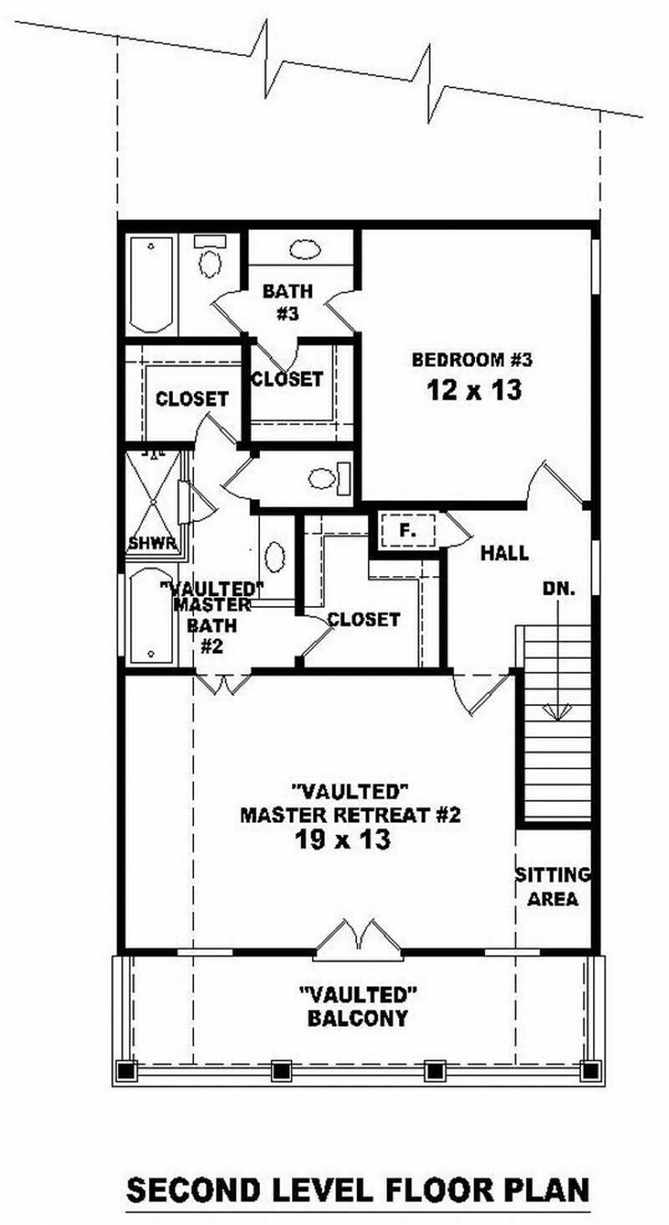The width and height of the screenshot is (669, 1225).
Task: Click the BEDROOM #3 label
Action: click(x=472, y=360)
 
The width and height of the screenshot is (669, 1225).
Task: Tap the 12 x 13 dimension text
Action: click(x=473, y=390)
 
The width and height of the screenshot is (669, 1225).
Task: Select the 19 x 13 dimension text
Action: click(x=343, y=840)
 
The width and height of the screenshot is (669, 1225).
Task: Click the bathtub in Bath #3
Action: click(x=151, y=285)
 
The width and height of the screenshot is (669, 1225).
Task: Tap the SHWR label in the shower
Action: click(x=152, y=544)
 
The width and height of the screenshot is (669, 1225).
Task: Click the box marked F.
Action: click(x=407, y=530)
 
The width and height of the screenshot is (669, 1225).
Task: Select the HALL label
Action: click(x=504, y=553)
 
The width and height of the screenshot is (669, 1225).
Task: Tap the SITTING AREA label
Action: click(x=553, y=887)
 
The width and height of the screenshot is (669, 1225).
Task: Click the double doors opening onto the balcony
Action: click(x=358, y=937)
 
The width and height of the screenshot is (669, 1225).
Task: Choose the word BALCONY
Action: click(x=358, y=1018)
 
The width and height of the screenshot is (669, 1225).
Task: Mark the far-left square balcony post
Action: click(x=126, y=1070)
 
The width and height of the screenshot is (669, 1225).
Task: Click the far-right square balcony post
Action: click(x=590, y=1070)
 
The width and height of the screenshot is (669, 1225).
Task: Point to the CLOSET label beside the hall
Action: click(x=364, y=620)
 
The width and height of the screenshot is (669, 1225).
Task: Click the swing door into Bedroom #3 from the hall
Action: click(x=555, y=486)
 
